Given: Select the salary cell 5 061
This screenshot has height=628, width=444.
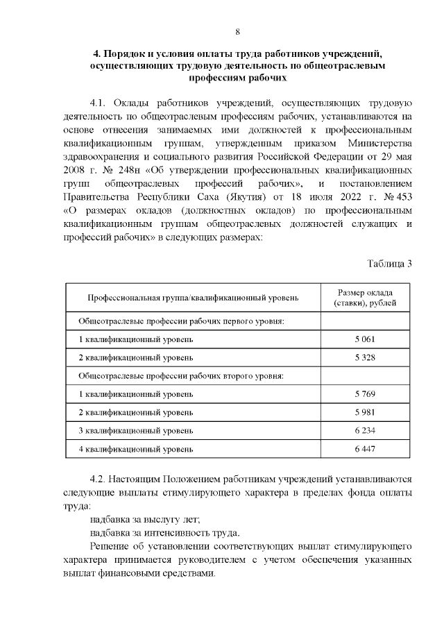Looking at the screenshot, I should coord(364,339).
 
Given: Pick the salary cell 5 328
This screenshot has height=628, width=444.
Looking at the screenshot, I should coord(364,357).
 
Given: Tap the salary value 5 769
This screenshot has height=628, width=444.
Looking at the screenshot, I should coord(364,394).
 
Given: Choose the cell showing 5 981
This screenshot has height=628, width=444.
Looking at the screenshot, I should coord(364,412).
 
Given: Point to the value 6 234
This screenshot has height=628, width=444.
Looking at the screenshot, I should coord(364,431).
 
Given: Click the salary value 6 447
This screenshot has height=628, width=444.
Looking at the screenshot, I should coord(364,449).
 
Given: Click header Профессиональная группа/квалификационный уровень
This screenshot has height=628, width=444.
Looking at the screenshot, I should coord(193,298).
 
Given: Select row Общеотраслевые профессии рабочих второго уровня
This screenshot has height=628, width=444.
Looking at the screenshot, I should coord(182,375).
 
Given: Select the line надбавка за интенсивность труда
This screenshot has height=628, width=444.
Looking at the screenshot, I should coord(164,533).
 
